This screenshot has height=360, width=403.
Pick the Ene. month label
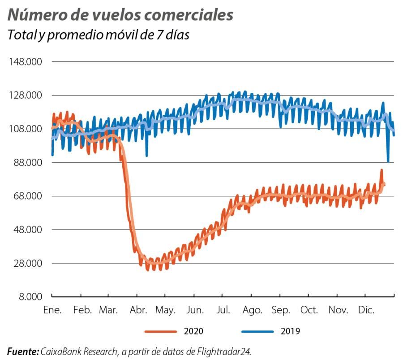point(52,310)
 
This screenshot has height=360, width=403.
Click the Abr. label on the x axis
point(139,310)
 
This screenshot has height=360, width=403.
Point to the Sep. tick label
point(281,310)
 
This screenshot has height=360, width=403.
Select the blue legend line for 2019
point(257,331)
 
